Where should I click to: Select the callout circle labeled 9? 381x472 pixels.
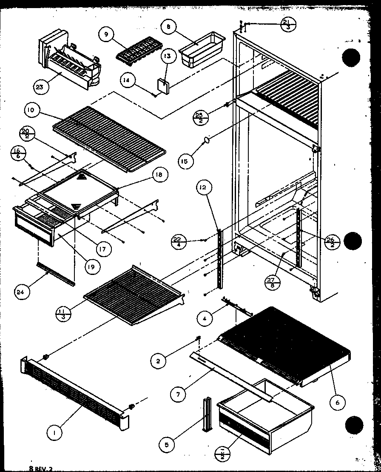point(106,35)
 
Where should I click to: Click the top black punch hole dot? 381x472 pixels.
point(352,57)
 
